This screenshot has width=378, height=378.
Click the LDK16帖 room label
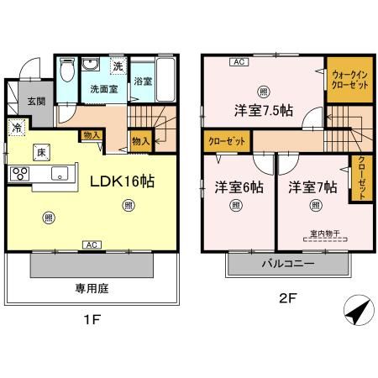click(120, 179)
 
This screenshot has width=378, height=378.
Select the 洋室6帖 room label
click(236, 186)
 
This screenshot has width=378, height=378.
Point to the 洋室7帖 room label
click(310, 186)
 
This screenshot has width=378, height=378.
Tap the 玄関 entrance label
click(35, 101)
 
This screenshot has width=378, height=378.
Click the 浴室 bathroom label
click(142, 81)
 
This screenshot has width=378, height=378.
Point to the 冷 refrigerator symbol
click(16, 128)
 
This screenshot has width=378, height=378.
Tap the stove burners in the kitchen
click(19, 174)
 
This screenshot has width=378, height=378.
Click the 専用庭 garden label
click(90, 288)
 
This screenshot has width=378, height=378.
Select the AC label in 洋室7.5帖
click(239, 60)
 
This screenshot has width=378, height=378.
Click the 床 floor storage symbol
click(40, 151)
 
